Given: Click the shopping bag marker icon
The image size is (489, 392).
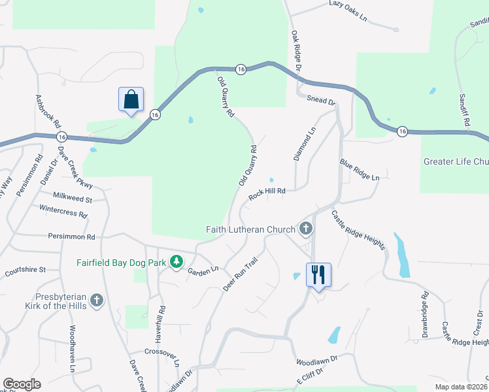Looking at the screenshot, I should [x=131, y=100].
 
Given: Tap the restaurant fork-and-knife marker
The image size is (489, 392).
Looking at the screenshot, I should [x=318, y=274].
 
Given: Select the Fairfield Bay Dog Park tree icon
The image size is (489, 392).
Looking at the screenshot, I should [x=175, y=262].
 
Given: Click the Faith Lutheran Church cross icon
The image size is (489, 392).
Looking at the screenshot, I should [x=305, y=229].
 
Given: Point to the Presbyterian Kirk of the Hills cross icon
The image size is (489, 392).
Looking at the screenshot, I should [x=97, y=301].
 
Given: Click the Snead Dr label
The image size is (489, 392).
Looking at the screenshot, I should [x=320, y=101].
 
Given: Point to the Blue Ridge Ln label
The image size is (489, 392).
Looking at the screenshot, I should [x=359, y=169].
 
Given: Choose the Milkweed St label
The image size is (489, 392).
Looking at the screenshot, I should [x=73, y=198].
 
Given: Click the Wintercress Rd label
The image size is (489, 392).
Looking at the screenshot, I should [x=63, y=212].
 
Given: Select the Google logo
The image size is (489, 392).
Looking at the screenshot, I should [x=22, y=384].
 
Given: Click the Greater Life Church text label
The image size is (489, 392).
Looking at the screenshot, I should [x=456, y=161].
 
